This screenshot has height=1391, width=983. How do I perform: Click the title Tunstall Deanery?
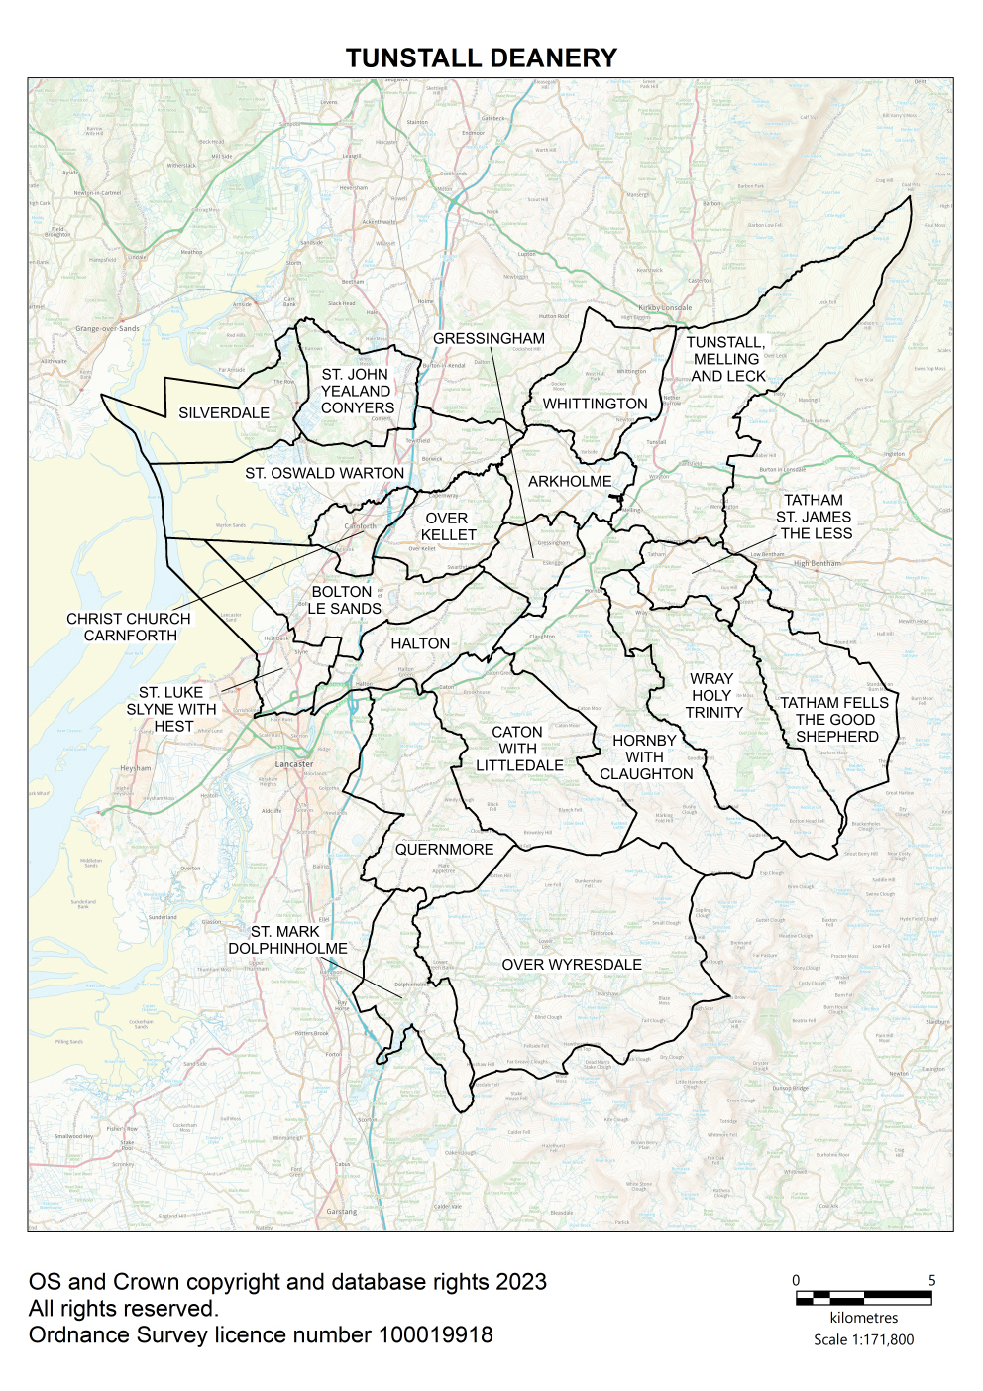(x=481, y=58)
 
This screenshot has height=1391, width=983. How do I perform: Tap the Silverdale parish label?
(x=224, y=412)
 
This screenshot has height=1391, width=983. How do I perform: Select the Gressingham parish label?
(x=489, y=338)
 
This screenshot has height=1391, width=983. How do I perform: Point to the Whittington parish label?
(x=595, y=404)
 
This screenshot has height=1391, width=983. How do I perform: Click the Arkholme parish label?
(x=570, y=481)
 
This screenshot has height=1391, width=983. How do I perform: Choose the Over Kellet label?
(x=448, y=526)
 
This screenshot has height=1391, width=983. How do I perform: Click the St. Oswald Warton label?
(x=325, y=473)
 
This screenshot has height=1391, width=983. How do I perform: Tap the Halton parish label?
(x=420, y=643)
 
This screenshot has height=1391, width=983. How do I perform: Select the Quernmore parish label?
(x=444, y=850)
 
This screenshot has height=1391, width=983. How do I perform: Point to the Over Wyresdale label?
(x=572, y=965)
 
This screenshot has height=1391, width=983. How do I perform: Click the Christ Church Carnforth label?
(x=129, y=627)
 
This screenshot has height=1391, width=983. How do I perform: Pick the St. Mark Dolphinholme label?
(x=287, y=940)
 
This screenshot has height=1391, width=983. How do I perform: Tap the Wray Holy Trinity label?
(x=712, y=695)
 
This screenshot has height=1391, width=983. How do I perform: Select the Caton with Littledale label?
(x=518, y=749)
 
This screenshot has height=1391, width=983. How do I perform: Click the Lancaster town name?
(x=294, y=764)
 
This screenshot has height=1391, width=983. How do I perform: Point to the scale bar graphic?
(x=863, y=1297)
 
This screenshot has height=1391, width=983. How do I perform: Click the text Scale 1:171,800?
(x=863, y=1339)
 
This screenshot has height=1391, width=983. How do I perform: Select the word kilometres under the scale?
(x=863, y=1318)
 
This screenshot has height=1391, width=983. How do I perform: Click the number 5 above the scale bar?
(x=931, y=1280)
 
